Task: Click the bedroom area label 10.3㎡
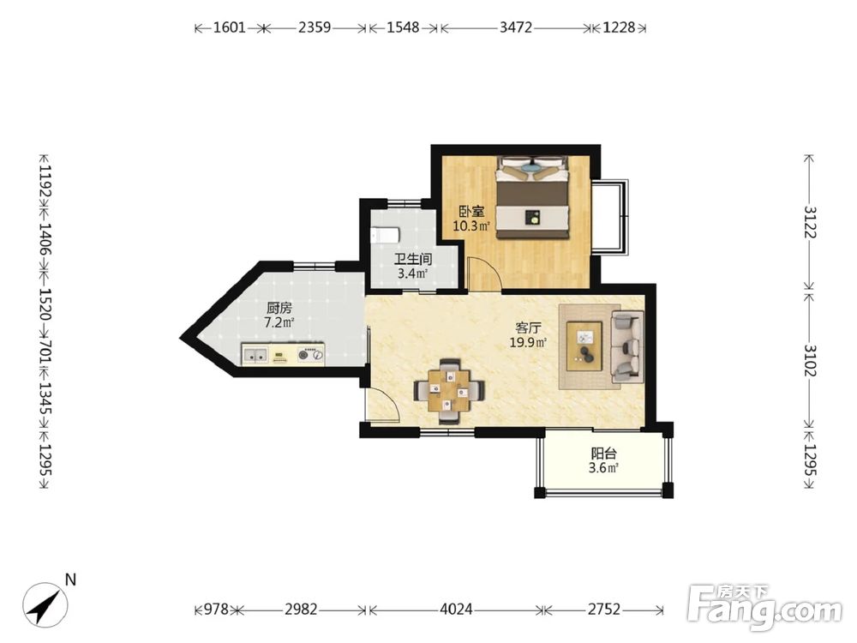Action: pyautogui.click(x=471, y=225)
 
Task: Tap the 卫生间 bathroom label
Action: pyautogui.click(x=413, y=259)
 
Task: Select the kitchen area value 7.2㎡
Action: pyautogui.click(x=279, y=322)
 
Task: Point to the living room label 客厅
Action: pyautogui.click(x=528, y=328)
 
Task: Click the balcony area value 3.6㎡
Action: pyautogui.click(x=603, y=468)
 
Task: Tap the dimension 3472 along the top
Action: pyautogui.click(x=515, y=27)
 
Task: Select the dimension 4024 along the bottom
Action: pyautogui.click(x=456, y=609)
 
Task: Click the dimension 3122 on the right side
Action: pyautogui.click(x=810, y=222)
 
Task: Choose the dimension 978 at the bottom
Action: pyautogui.click(x=216, y=609)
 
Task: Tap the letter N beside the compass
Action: pyautogui.click(x=70, y=580)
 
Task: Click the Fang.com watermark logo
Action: pyautogui.click(x=764, y=607)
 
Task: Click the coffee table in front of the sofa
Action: pyautogui.click(x=584, y=346)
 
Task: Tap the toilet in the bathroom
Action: pyautogui.click(x=385, y=236)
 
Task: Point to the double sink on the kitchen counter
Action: pyautogui.click(x=255, y=356)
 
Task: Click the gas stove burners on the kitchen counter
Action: pyautogui.click(x=311, y=356)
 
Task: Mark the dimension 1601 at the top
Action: pyautogui.click(x=229, y=27)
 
